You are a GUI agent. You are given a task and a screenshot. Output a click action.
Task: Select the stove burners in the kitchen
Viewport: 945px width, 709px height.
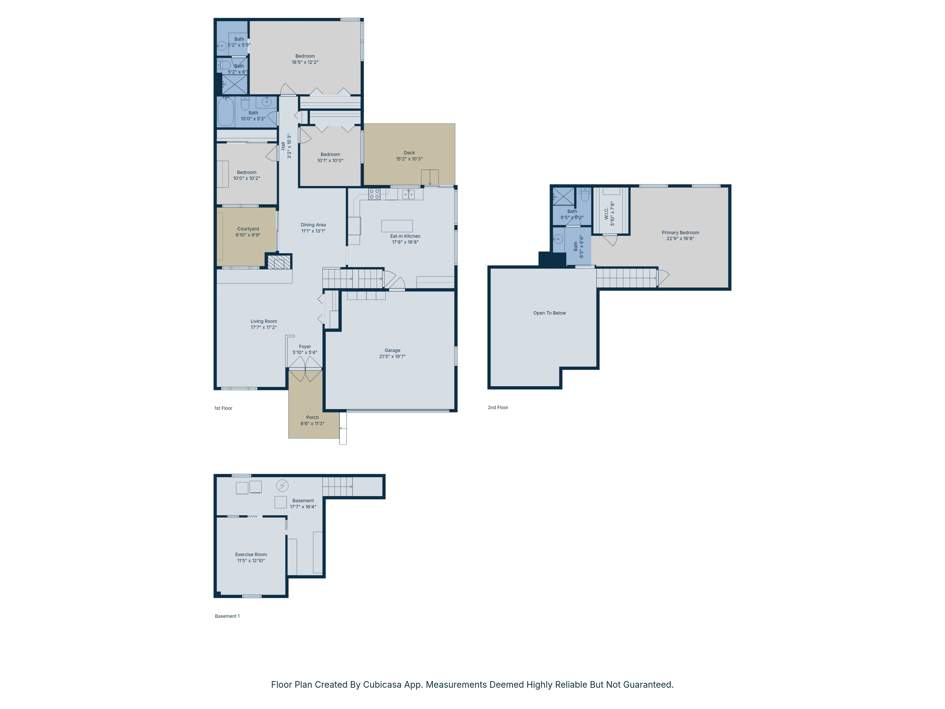click(374, 194)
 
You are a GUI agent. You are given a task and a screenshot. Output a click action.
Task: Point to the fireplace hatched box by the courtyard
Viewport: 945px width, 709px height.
click(279, 262)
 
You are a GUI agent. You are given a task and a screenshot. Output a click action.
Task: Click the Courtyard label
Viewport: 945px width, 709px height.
click(248, 229)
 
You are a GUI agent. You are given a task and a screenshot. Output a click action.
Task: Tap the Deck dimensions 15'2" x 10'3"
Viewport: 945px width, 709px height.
click(409, 159)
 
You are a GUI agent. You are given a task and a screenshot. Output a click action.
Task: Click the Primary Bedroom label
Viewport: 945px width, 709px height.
click(680, 233)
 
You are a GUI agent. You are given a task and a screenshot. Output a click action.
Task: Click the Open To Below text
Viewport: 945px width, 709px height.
click(549, 313)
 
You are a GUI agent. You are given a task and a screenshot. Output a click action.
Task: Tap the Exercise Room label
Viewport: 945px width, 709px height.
click(251, 555)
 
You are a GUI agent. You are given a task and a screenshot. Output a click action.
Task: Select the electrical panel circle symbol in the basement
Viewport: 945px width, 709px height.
click(282, 485)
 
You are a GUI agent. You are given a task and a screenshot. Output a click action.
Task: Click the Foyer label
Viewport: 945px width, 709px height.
click(305, 347)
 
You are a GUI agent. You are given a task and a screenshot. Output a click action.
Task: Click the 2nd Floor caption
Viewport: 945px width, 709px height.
click(498, 408)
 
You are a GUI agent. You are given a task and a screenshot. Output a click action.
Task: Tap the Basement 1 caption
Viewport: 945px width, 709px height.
click(227, 616)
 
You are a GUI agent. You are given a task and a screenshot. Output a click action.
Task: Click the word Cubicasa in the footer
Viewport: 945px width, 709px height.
click(382, 685)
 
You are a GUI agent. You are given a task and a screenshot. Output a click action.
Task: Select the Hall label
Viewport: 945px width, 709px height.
click(283, 146)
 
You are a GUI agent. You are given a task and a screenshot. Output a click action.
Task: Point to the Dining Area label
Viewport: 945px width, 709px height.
click(313, 225)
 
